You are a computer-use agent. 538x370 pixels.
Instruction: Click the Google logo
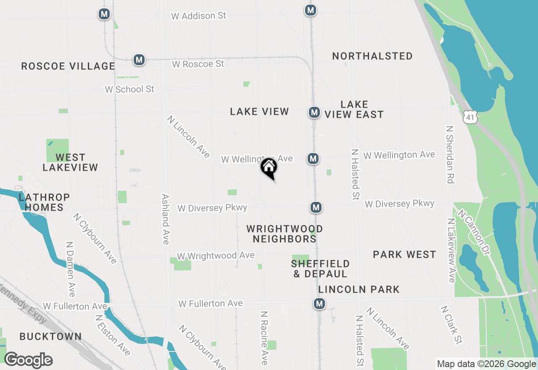point(28,360)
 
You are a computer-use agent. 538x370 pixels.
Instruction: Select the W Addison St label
point(198,16)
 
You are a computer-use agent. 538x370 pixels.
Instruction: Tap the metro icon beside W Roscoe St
point(139,60)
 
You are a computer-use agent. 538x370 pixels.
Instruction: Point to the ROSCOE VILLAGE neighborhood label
point(68,66)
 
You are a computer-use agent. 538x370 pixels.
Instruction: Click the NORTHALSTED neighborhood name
point(372,56)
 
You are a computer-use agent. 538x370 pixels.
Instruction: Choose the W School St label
point(129,89)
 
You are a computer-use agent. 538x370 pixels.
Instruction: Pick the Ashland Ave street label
point(166,219)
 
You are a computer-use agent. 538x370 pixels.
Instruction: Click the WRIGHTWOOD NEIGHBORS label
point(285,234)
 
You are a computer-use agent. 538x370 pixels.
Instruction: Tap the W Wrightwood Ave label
point(216,256)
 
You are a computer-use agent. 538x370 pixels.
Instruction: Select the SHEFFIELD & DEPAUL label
point(320,269)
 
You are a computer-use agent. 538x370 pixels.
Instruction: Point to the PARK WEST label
point(404,254)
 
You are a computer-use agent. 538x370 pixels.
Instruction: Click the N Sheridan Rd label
point(450,154)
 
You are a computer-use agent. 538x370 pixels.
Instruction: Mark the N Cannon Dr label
point(474,233)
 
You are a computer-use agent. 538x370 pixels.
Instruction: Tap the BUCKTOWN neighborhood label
point(50,336)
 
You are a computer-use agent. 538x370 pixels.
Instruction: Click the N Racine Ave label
point(264,338)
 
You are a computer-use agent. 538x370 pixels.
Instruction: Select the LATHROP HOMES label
point(44,202)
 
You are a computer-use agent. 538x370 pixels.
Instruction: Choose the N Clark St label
point(451,325)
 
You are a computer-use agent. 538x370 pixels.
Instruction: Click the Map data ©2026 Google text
point(486,364)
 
